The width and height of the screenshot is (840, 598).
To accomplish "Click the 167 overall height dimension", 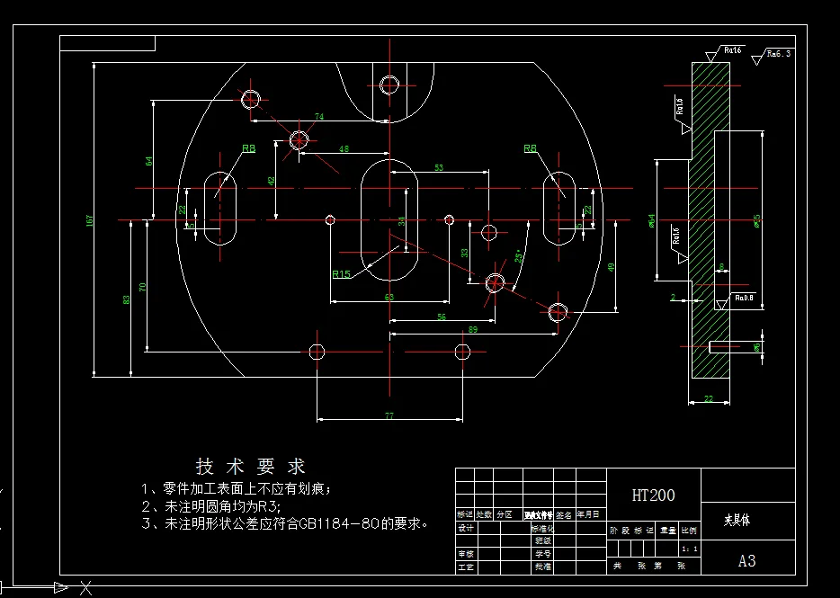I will (89, 220).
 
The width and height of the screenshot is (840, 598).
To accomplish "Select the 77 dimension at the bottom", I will (389, 415).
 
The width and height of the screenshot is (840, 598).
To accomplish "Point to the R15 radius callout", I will (342, 274).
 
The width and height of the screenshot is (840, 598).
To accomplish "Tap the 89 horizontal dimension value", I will (473, 330).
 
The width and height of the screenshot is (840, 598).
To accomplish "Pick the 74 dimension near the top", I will (319, 117).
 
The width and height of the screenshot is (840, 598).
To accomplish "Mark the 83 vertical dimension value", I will (126, 299).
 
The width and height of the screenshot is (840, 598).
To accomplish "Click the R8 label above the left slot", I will (248, 147).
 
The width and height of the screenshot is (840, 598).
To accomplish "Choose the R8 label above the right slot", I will (531, 147).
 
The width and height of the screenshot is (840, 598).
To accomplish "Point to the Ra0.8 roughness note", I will (743, 297).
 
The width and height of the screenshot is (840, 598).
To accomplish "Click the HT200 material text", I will (654, 495).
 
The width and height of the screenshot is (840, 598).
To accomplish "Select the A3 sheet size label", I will (746, 561).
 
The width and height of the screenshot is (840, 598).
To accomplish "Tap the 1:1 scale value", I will (690, 548).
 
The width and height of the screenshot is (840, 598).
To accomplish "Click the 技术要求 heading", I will (251, 466).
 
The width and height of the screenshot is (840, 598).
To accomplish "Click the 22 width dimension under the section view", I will (709, 398).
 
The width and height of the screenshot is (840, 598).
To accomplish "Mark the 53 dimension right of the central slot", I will (439, 167).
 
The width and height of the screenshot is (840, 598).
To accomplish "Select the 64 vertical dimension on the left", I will (148, 161).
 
